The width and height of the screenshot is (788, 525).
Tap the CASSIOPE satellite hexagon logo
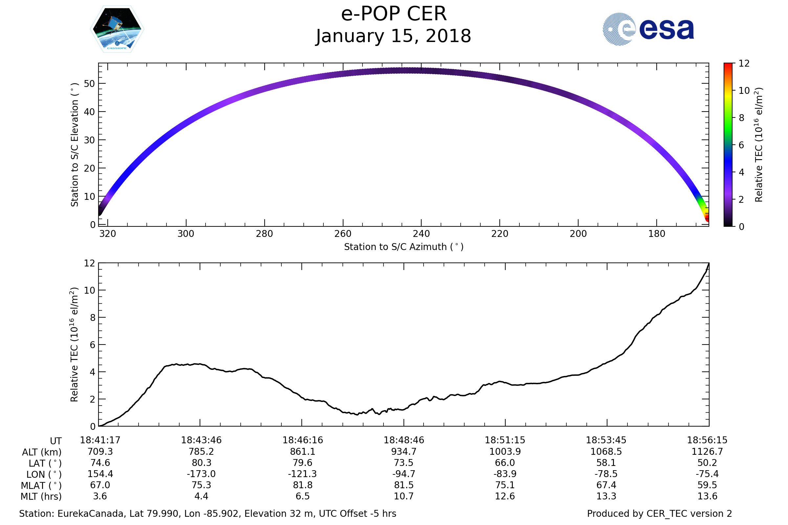click(x=117, y=29)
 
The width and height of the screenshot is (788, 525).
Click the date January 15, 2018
click(x=394, y=36)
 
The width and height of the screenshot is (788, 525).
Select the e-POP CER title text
click(x=394, y=14)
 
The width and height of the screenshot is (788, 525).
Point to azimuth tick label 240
click(x=421, y=234)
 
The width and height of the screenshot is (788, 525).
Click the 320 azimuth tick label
click(x=108, y=234)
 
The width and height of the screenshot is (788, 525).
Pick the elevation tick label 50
click(x=89, y=84)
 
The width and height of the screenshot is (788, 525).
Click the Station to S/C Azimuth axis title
click(x=404, y=247)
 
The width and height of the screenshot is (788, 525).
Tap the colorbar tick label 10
click(x=744, y=91)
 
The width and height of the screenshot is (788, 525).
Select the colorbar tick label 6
click(x=741, y=145)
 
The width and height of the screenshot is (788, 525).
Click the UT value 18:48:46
click(x=404, y=440)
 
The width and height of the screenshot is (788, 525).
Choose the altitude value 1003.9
click(x=505, y=452)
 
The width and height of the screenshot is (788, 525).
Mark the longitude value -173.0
click(x=201, y=474)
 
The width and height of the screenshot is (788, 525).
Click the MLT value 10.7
click(x=404, y=496)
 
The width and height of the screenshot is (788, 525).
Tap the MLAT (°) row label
click(x=41, y=486)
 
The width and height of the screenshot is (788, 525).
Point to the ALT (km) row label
click(x=42, y=452)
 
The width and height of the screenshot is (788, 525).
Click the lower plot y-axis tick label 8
click(x=93, y=318)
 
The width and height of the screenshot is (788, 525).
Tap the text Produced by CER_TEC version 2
click(x=659, y=514)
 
